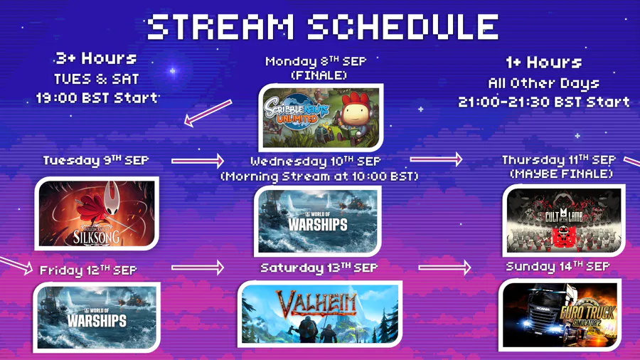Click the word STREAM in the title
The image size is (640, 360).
click(220, 26)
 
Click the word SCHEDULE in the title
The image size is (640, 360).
click(403, 26)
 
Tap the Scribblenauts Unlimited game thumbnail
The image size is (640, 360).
click(321, 117)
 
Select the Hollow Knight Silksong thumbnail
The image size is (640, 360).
click(97, 213)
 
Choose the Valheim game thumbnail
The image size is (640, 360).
click(320, 314)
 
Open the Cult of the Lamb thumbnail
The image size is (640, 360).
click(564, 221)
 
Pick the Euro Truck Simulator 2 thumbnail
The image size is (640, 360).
click(560, 314)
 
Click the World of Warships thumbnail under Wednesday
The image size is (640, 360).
click(318, 221)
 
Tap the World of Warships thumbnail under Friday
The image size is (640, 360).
click(97, 317)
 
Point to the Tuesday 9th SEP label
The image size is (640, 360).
click(96, 160)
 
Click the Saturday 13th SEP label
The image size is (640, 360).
click(319, 268)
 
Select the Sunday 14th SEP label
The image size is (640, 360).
click(558, 267)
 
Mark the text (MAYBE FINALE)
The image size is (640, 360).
click(562, 174)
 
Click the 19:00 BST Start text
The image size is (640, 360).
click(97, 98)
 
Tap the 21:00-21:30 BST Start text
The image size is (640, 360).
click(544, 102)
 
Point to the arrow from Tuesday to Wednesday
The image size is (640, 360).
click(198, 161)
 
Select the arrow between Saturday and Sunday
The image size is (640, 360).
click(444, 268)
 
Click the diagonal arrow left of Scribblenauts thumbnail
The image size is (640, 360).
click(208, 112)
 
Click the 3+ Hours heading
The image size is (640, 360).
click(96, 58)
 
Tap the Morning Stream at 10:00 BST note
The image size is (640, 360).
click(319, 176)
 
